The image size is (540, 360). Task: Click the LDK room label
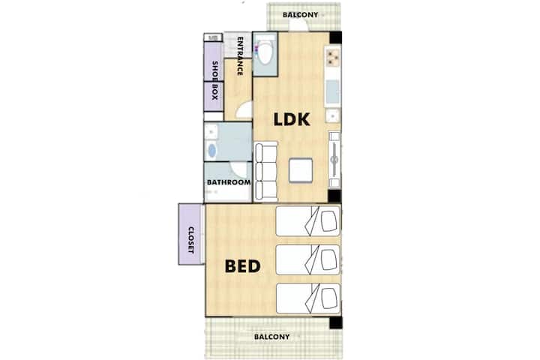pos(292,119)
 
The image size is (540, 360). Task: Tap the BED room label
pos(242,266)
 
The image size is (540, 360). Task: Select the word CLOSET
pos(190,240)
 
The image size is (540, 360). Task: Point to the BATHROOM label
pos(229,182)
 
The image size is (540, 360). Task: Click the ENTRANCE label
pos(240,55)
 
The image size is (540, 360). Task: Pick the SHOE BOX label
pos(214,80)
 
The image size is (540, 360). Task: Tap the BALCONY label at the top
pos(300,15)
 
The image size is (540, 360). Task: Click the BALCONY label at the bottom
pos(271,337)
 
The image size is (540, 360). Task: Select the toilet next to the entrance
pos(265,52)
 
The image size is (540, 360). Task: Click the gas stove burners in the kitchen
pos(333,57)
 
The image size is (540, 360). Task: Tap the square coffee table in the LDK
pos(301,170)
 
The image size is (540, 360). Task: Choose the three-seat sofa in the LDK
pos(265,171)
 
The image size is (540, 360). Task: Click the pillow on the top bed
pos(329,220)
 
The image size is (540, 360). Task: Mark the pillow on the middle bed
pos(329,259)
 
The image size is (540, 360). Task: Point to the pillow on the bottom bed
pos(329,298)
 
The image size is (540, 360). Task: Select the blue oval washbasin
pos(211,151)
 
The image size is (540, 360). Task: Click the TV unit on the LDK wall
pos(334,160)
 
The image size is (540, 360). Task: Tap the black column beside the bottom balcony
pos(335,322)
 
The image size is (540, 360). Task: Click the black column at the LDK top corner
pos(335,37)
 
